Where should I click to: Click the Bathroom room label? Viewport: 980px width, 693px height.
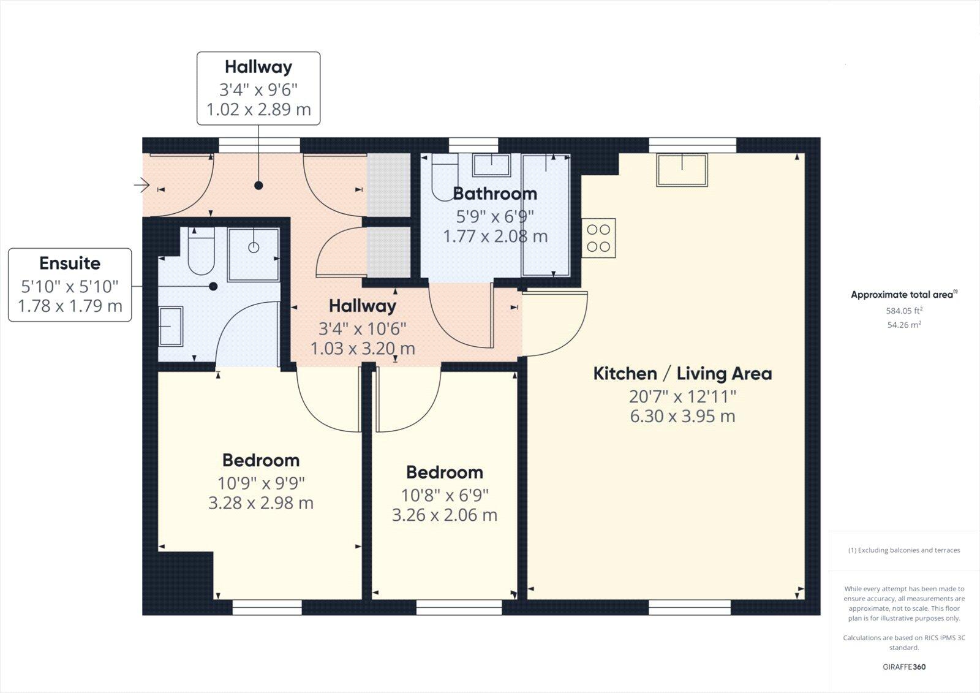[495, 194]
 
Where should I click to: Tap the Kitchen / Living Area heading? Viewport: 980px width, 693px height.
[682, 374]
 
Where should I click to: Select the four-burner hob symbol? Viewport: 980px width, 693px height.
[598, 238]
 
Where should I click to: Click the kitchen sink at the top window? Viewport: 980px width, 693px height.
[682, 170]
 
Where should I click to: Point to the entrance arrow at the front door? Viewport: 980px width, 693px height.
[142, 184]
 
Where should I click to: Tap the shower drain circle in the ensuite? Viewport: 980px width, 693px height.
[254, 248]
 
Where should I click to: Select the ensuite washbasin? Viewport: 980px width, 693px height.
[170, 326]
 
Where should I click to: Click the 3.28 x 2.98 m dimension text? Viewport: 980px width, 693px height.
[261, 503]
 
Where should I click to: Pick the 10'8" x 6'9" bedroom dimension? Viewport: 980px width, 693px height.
[445, 494]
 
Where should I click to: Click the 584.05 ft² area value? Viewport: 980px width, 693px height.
[904, 311]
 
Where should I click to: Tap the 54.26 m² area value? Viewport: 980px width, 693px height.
[904, 325]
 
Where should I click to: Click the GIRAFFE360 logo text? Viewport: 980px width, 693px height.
[904, 667]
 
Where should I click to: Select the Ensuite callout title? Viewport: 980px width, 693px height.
[70, 263]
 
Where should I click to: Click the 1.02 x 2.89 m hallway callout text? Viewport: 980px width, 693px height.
[258, 110]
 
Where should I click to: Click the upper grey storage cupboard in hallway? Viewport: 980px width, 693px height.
[388, 184]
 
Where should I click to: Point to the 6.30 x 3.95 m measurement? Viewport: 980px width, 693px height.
[682, 417]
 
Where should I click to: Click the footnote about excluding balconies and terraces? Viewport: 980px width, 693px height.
[904, 550]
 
